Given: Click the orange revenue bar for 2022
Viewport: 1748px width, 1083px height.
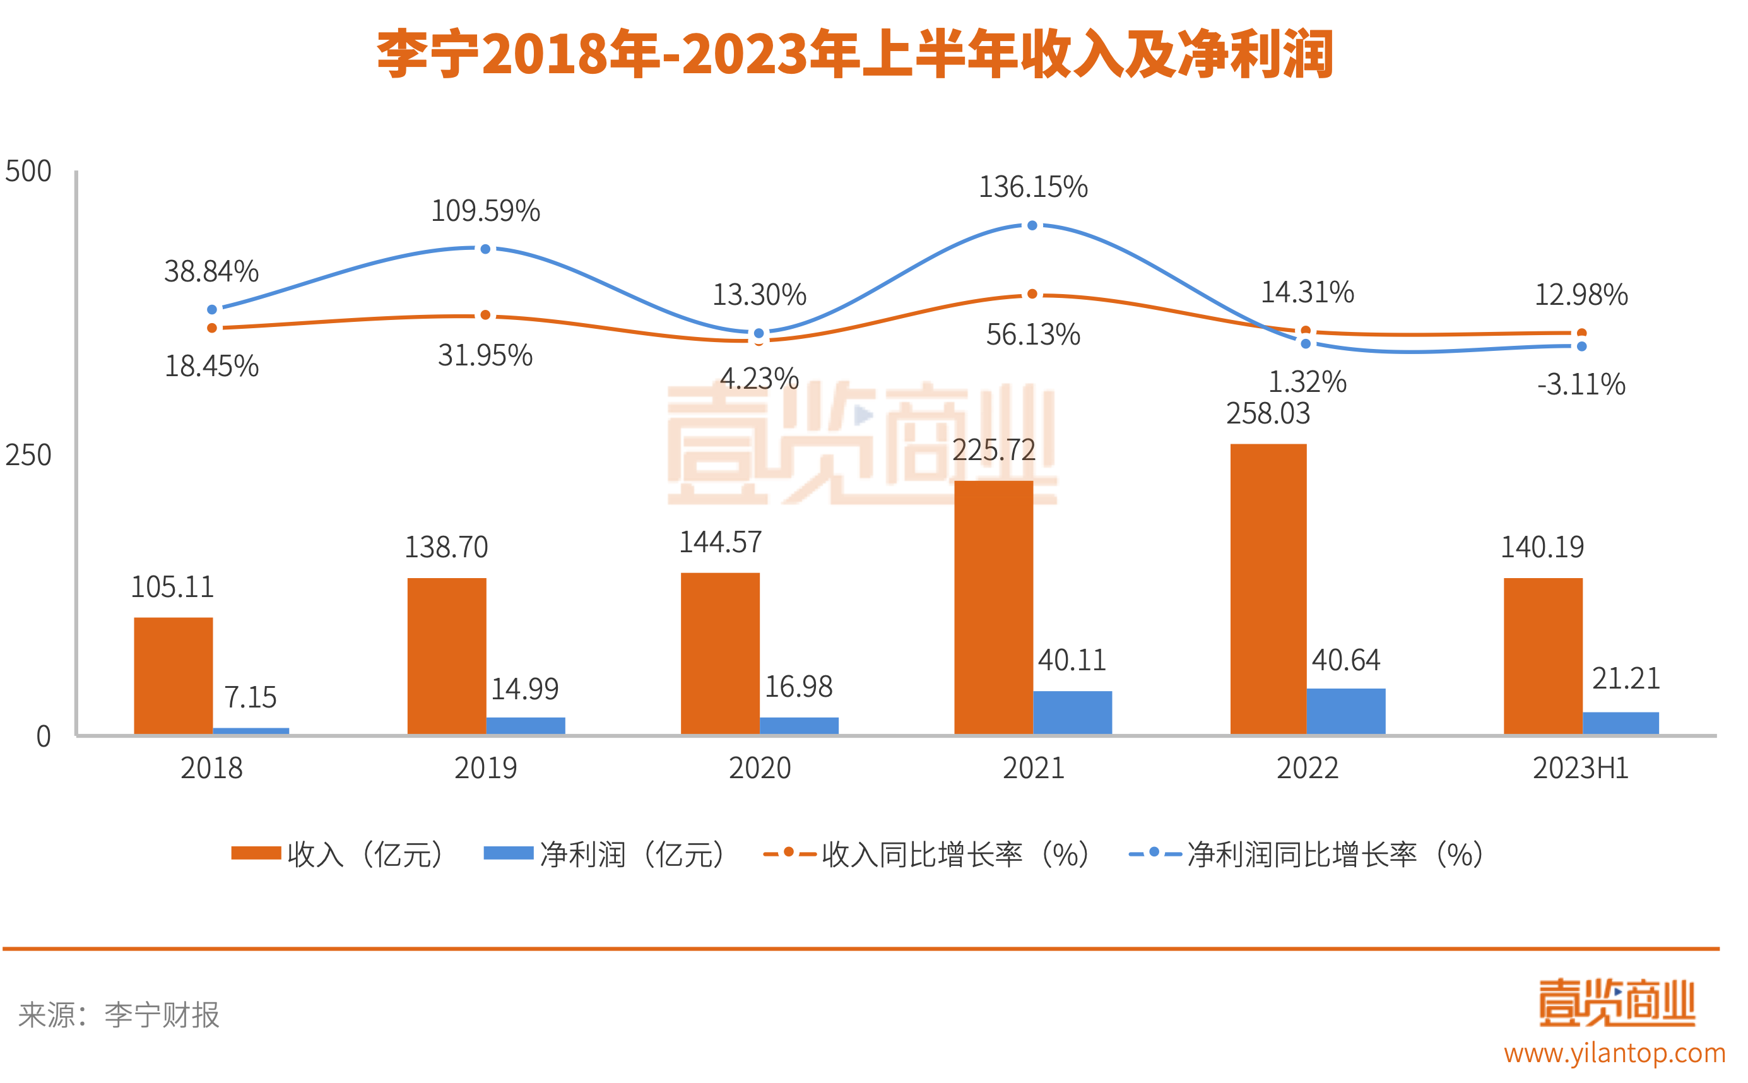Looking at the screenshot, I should [x=1268, y=589].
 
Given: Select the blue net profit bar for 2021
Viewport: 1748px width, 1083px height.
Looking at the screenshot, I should [x=1072, y=712].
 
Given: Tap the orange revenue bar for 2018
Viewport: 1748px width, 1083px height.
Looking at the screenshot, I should [x=174, y=675].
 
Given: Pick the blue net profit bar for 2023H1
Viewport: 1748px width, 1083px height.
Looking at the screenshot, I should [x=1620, y=723].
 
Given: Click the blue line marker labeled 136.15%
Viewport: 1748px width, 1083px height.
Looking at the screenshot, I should [x=1032, y=226].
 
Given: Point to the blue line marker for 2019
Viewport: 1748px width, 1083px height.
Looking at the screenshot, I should [x=485, y=249].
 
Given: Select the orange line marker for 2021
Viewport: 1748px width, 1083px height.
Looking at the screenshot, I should [x=1032, y=294].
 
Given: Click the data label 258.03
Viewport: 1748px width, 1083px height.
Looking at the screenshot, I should [x=1268, y=414].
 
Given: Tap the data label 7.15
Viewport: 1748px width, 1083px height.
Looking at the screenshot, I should [x=250, y=697].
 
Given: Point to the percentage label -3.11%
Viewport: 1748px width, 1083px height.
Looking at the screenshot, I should [x=1581, y=384].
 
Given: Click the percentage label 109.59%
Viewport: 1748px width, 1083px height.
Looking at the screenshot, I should [x=485, y=211].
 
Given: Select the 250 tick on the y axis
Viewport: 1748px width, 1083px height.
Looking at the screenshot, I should [x=28, y=456].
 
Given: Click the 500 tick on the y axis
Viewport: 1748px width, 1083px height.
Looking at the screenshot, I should [x=28, y=172].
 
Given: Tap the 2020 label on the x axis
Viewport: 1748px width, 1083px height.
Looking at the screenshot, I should [x=760, y=769].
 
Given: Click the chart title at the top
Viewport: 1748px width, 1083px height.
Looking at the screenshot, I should [x=856, y=54].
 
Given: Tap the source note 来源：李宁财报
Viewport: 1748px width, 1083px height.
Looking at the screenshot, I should [x=119, y=1015].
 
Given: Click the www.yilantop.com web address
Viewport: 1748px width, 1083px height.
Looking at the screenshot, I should [x=1614, y=1053].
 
